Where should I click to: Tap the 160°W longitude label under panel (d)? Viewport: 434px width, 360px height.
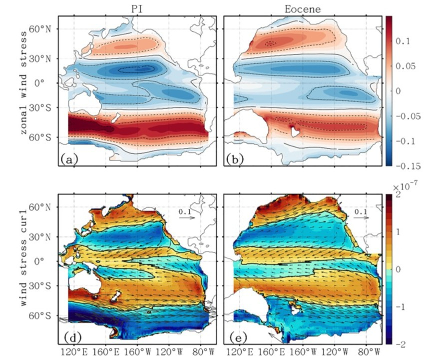click(x=137, y=350)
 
